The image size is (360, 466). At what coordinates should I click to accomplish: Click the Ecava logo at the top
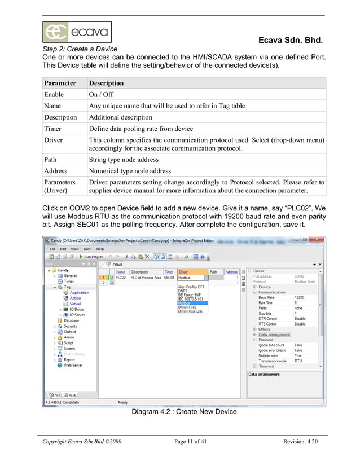coord(77,32)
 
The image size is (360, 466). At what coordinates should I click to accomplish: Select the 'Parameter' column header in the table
coord(60,83)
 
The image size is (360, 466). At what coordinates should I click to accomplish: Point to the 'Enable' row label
coord(54,94)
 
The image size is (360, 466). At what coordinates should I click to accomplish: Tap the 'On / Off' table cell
coord(101,94)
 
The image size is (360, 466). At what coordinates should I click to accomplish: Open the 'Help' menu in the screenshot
coord(100,249)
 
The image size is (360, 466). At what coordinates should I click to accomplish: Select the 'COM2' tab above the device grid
coord(117,264)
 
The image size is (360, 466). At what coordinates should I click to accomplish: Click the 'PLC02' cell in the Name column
coord(121,278)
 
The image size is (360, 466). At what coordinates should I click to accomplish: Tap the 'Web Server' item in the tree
coord(73,365)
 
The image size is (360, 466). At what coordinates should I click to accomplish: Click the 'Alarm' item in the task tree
coord(69,337)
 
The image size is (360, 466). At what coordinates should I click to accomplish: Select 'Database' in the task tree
coord(71,320)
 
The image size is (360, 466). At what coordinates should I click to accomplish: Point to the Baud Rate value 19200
coord(300,297)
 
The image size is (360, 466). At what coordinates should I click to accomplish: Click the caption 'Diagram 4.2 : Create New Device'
coord(184,411)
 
